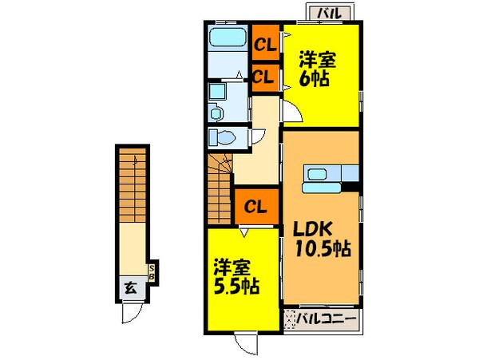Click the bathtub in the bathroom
(227, 39)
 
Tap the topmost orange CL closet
(264, 44)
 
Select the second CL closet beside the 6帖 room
(264, 77)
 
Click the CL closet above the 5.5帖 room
(255, 207)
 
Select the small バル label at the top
(326, 13)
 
